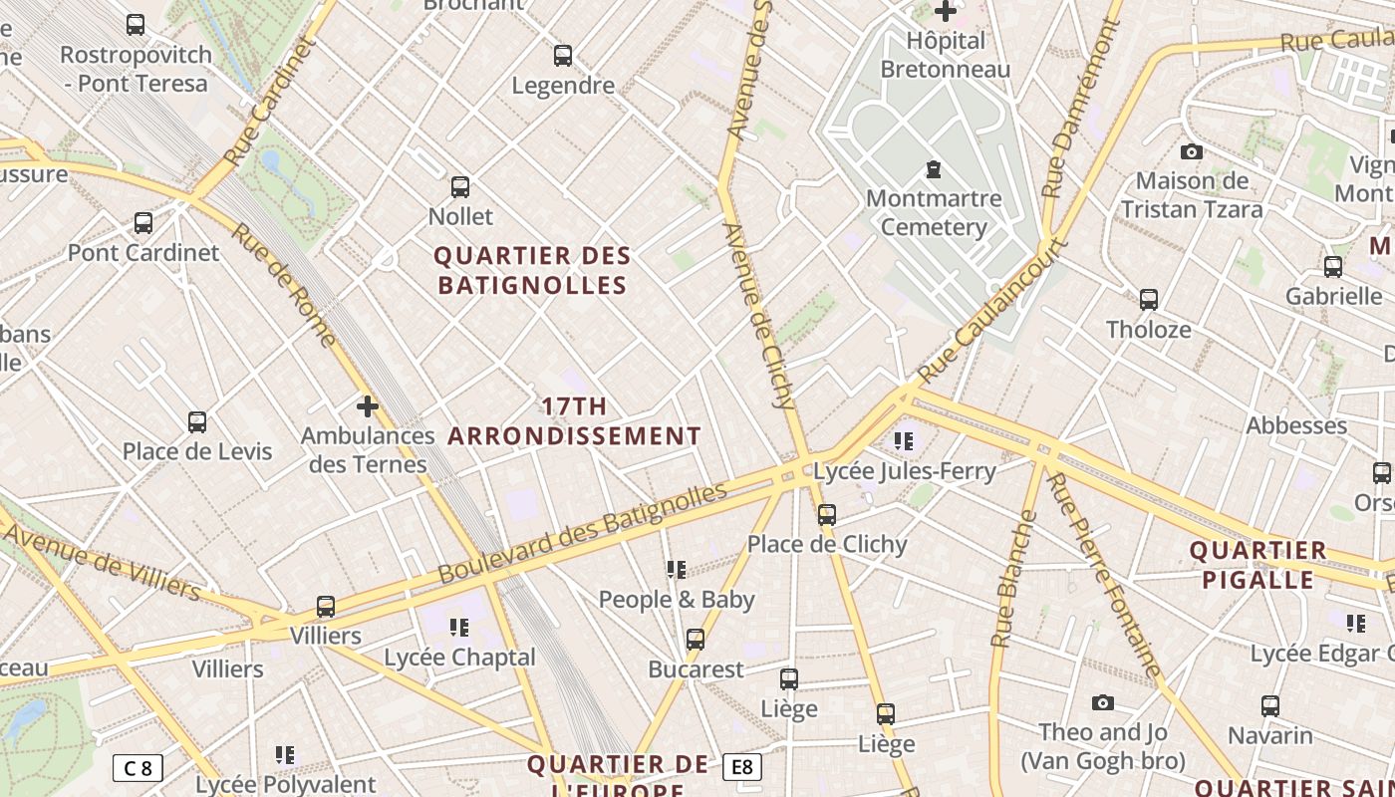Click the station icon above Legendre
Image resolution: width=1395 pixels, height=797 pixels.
click(563, 56)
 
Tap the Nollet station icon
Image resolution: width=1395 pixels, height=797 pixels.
click(460, 186)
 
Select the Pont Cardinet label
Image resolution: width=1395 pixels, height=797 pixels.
click(143, 252)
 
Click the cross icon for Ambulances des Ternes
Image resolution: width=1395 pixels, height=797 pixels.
click(368, 406)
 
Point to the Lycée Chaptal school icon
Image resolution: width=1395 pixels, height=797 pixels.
click(459, 628)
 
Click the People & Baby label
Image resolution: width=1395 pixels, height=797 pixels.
click(677, 600)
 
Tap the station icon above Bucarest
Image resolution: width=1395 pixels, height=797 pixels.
click(696, 640)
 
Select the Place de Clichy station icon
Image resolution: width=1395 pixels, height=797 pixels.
click(827, 515)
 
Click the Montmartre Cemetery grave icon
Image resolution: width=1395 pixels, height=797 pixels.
click(934, 168)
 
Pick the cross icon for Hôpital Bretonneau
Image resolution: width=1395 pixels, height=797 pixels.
click(946, 12)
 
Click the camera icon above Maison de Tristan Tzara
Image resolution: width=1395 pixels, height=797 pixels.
click(1191, 152)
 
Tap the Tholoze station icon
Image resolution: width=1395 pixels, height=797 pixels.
click(1149, 299)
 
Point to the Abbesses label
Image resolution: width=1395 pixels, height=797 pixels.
click(1296, 425)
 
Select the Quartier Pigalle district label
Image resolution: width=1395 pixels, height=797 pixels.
click(1257, 565)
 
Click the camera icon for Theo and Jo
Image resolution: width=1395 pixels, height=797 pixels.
click(1103, 703)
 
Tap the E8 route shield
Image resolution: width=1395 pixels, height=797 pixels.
click(742, 766)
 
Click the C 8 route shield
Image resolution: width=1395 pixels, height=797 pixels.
click(138, 768)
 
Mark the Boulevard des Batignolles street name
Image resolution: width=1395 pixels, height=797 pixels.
click(583, 534)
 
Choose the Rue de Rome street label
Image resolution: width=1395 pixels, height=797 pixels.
click(284, 285)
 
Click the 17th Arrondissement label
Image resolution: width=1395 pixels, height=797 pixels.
click(575, 421)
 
